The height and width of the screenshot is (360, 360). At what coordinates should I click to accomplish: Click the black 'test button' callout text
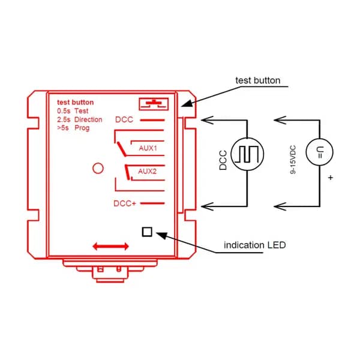258,80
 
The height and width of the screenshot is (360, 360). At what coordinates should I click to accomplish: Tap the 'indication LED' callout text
255,245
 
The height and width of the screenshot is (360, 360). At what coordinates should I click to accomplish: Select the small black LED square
147,232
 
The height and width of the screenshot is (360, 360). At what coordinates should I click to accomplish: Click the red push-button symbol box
154,104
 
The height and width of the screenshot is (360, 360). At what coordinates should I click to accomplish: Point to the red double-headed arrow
110,247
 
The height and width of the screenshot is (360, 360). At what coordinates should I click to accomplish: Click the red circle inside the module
98,168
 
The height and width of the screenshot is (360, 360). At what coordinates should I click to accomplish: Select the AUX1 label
148,148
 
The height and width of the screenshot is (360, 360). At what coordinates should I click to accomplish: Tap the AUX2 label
147,171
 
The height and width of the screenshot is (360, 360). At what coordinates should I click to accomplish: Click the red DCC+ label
125,203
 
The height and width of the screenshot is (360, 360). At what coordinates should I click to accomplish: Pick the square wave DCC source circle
247,154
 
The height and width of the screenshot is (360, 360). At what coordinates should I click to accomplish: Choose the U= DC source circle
320,152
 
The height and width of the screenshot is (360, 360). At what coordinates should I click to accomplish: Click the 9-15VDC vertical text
293,160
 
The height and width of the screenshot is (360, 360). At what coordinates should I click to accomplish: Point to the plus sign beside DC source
331,178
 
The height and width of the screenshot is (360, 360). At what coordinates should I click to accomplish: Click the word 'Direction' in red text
88,119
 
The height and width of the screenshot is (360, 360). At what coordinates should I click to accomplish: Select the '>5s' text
63,128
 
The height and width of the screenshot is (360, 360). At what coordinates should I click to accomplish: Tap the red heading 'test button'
76,102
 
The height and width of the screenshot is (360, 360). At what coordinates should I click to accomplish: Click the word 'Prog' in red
82,128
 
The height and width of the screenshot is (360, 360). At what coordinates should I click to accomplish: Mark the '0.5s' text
64,111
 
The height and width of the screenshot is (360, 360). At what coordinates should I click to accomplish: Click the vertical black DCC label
223,160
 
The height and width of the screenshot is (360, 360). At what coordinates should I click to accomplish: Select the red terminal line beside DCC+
152,203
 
